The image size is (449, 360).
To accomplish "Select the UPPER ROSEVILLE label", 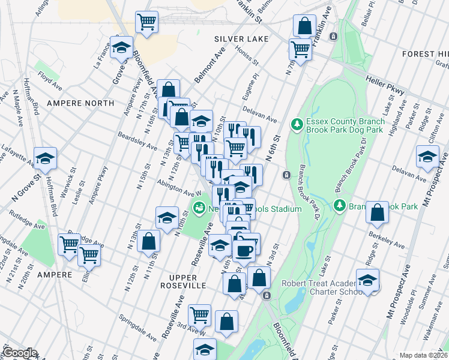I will pos(175,282).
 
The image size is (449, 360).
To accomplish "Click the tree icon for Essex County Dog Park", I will pos(296,125).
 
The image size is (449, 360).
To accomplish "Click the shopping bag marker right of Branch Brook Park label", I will pos(378,212).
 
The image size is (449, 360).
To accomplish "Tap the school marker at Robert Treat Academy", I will pos(367,280).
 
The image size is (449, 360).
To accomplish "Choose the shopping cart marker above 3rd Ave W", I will pos(199,314).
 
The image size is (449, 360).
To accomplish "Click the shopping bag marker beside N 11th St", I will pos(148,241).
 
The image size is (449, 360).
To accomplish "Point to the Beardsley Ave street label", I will pos(137,142).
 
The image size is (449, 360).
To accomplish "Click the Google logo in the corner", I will pos(19,353).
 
